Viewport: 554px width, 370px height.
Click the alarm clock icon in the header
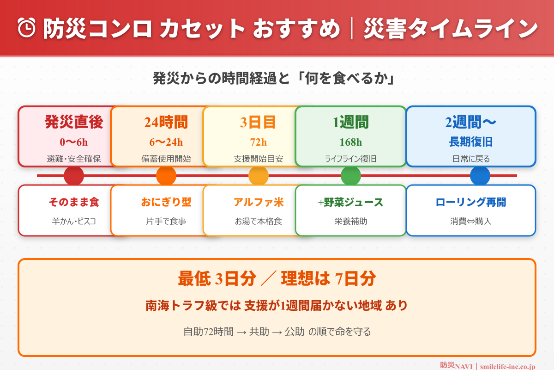(27, 28)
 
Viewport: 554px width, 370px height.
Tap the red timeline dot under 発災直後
(74, 176)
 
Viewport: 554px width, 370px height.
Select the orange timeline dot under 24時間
(166, 176)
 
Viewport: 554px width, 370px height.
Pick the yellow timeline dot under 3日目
(259, 176)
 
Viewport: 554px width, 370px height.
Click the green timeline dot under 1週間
(351, 176)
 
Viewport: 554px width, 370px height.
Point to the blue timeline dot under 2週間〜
(480, 176)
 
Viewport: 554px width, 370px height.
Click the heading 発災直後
(74, 122)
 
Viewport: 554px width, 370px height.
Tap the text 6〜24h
(166, 142)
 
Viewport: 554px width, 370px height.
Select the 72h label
(259, 142)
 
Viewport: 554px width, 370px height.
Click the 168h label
(351, 142)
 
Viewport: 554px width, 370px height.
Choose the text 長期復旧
(471, 142)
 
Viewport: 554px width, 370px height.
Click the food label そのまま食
(74, 202)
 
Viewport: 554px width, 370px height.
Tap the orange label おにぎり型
(166, 202)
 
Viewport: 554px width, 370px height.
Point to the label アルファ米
(259, 202)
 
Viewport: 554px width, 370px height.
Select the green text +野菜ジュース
(351, 202)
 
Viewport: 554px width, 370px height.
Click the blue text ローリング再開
(471, 202)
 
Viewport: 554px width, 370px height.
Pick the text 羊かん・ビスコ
(74, 221)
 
